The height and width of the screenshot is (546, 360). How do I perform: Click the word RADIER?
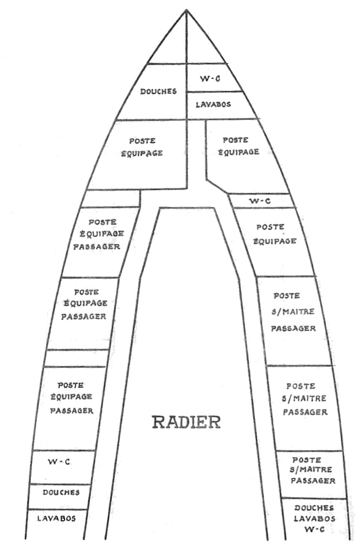tap(186, 422)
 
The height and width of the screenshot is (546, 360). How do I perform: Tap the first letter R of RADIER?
tap(158, 422)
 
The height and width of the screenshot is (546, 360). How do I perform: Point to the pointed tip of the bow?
tap(186, 10)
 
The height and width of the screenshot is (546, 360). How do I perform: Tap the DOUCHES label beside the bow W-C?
tap(158, 92)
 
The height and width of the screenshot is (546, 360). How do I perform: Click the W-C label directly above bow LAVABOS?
tap(210, 79)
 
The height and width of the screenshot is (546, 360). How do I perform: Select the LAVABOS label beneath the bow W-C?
tap(213, 104)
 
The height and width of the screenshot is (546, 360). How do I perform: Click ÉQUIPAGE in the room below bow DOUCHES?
tap(142, 153)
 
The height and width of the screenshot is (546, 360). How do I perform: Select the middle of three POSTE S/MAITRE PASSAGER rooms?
tap(305, 408)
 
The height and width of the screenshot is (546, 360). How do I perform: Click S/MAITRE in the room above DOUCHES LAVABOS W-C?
tap(311, 469)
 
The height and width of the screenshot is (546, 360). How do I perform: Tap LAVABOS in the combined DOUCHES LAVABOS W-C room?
tap(315, 518)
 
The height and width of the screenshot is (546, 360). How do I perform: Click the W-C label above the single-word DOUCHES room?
tap(59, 462)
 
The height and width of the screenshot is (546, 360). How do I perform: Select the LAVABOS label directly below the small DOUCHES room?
tap(57, 518)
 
